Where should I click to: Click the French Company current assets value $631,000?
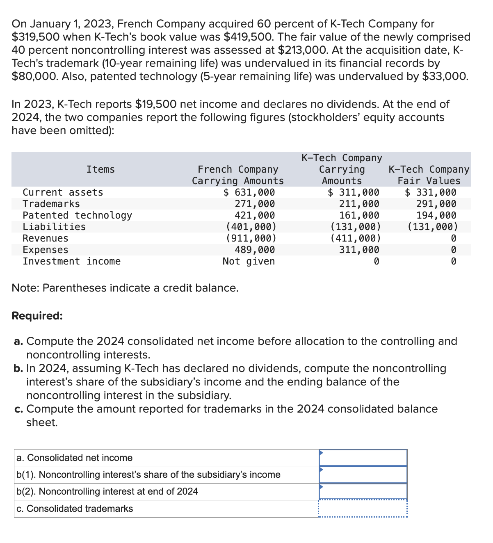[x=249, y=192]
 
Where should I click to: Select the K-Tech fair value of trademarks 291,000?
[x=436, y=204]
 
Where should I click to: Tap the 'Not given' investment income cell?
[x=249, y=261]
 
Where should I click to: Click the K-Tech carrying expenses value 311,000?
[x=359, y=250]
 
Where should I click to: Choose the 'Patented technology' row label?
[x=77, y=215]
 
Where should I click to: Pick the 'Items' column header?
[x=100, y=169]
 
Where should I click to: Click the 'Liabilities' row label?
[x=54, y=227]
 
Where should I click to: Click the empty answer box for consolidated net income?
[x=363, y=458]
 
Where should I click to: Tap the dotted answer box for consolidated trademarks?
[x=363, y=509]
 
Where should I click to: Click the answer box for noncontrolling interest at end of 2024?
[x=363, y=491]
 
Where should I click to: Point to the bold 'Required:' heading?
[x=37, y=316]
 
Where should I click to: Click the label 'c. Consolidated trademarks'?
[x=75, y=509]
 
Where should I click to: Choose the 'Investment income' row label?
[x=71, y=261]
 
